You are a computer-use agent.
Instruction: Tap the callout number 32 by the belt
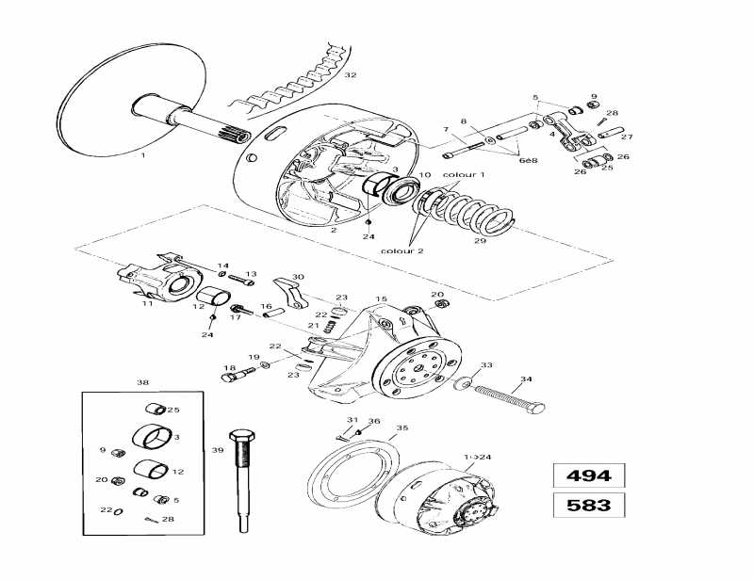point(351,74)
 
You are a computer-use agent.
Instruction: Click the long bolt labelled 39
point(241,481)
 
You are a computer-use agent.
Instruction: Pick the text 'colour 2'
point(403,251)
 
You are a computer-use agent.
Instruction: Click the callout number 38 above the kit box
point(142,383)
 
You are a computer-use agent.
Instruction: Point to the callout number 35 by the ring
point(402,427)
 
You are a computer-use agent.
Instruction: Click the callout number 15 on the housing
point(381,299)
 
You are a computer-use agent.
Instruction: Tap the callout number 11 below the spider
point(147,304)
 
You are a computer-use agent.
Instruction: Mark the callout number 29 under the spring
point(480,241)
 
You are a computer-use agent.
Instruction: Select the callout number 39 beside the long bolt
point(217,450)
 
